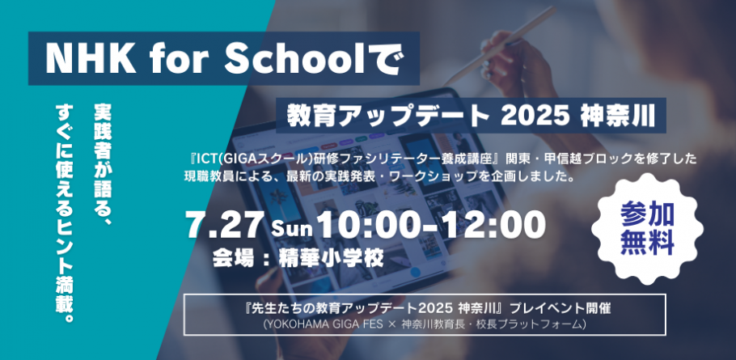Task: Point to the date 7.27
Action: pos(226,224)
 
